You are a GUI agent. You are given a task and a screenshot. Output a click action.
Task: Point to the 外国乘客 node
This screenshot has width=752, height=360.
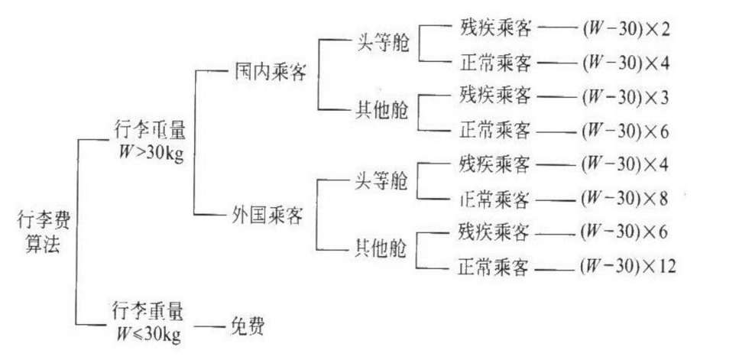[267, 215]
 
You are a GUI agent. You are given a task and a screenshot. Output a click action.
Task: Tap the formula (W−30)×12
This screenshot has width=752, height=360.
[627, 266]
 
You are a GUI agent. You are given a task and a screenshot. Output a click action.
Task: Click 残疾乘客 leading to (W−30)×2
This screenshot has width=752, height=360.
[494, 28]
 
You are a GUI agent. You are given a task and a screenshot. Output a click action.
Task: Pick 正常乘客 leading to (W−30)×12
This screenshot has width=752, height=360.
[494, 268]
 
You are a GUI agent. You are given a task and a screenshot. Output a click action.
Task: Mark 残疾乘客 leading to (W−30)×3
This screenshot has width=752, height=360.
[494, 96]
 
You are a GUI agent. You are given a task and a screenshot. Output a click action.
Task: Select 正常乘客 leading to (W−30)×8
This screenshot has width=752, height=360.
[494, 199]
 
